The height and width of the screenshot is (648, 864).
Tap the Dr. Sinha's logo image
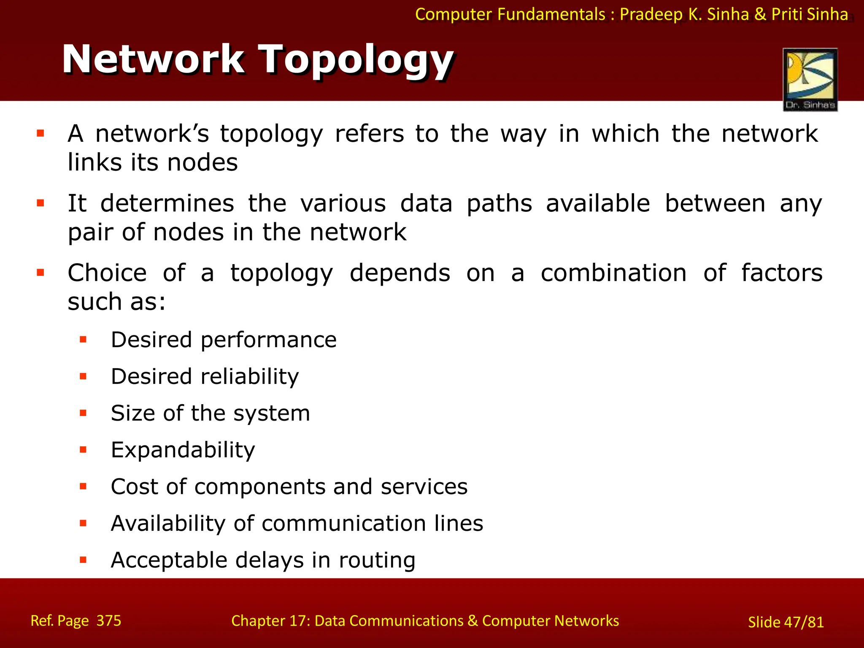(x=810, y=79)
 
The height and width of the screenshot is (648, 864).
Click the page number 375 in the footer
(x=109, y=621)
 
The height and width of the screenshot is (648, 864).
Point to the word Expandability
(x=183, y=450)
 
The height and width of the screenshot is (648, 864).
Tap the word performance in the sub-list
(x=268, y=340)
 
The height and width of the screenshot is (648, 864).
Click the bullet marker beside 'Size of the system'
(x=83, y=413)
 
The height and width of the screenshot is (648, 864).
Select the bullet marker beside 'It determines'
(x=40, y=203)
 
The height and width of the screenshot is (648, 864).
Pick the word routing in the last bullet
(x=377, y=561)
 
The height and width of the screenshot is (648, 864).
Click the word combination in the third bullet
(x=614, y=273)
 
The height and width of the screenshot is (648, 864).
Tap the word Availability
(x=168, y=524)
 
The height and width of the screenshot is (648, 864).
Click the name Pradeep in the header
(x=651, y=14)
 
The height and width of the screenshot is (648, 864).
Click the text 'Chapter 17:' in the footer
(x=271, y=621)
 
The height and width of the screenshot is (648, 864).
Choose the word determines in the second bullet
(x=167, y=203)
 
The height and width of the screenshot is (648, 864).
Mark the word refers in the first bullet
(x=370, y=134)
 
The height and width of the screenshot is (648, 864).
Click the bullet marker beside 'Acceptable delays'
(x=83, y=560)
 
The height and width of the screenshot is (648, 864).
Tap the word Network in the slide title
(x=153, y=60)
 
